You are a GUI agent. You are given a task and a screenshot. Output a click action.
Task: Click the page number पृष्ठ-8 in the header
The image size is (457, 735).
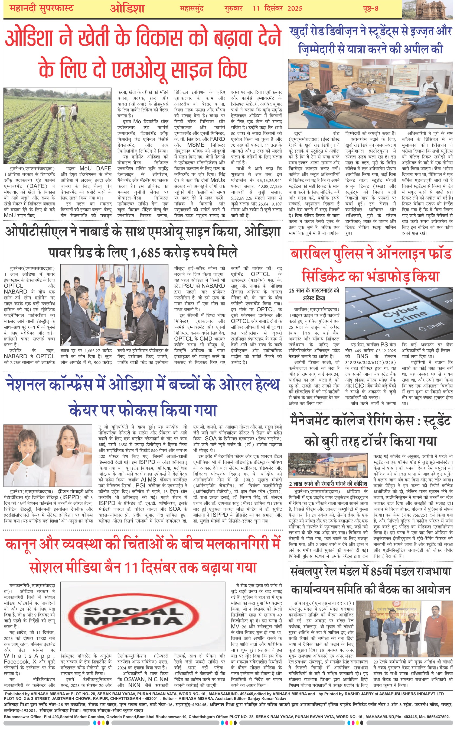pyautogui.click(x=371, y=8)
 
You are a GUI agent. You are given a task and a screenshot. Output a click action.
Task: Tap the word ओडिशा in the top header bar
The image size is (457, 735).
pyautogui.click(x=127, y=8)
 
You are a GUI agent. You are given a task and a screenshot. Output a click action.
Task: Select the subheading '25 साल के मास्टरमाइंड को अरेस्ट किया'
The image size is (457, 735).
pyautogui.click(x=314, y=294)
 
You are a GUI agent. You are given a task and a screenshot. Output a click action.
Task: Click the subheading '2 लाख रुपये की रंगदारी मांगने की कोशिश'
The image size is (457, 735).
pyautogui.click(x=328, y=484)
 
